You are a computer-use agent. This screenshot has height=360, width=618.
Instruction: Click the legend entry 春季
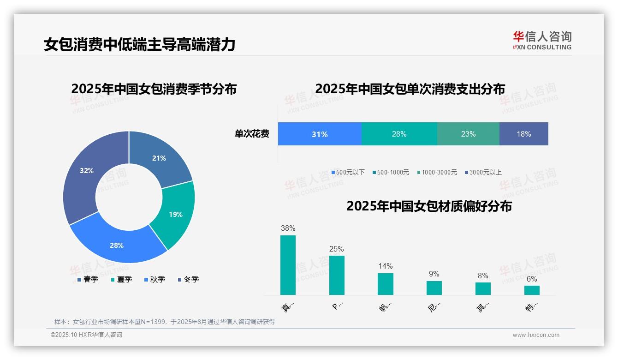87,280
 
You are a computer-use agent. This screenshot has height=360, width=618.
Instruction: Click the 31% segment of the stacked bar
319,134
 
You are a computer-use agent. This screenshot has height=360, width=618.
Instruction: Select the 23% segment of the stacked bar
468,134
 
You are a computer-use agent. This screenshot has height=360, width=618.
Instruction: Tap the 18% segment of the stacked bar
523,134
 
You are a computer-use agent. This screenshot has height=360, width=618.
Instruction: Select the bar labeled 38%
288,265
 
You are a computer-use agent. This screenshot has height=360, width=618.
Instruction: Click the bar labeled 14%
385,284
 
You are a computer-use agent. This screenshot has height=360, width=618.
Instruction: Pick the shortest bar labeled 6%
532,290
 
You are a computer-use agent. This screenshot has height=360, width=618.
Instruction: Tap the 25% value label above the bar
336,249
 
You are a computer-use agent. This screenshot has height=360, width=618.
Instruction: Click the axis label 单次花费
252,134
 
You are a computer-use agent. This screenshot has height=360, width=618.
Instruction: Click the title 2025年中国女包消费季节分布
154,89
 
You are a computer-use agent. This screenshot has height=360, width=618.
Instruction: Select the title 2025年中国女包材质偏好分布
429,206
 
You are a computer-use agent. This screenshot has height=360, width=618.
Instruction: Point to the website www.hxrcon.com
535,335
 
